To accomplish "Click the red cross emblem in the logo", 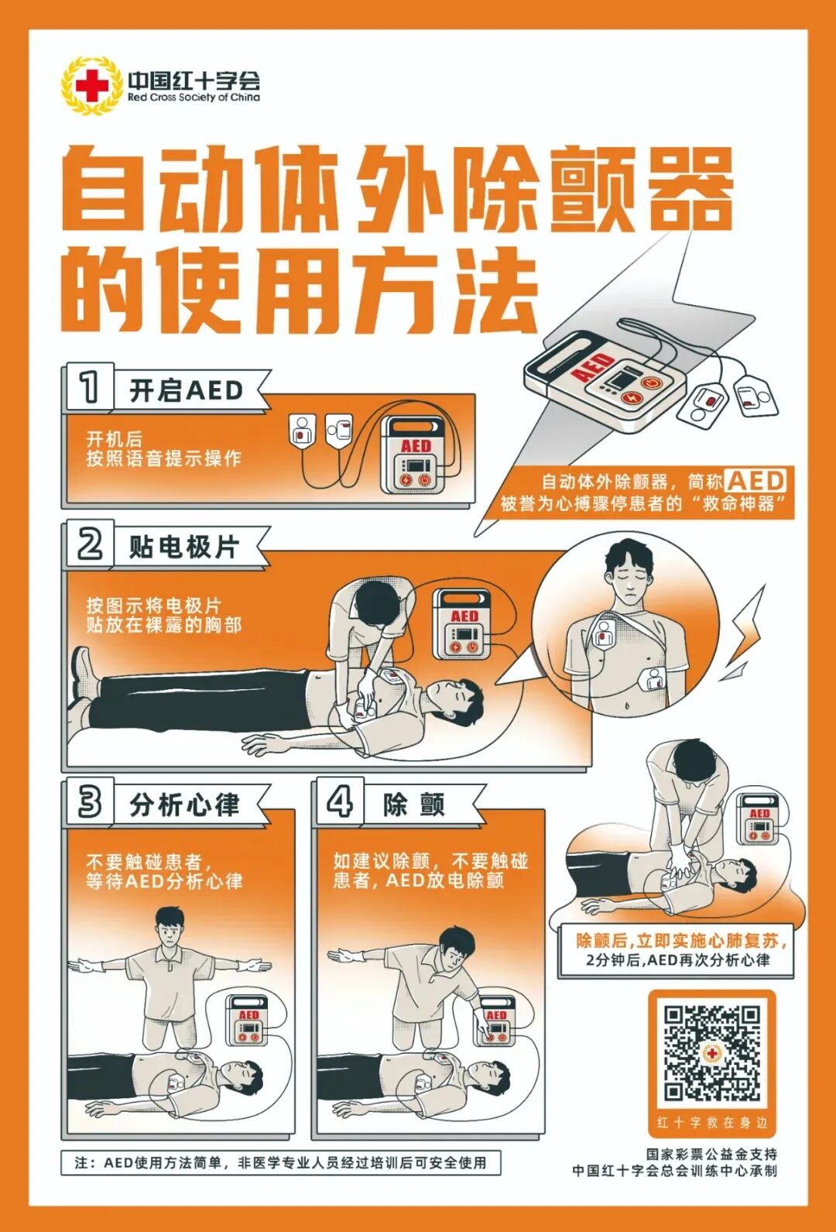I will (91, 86).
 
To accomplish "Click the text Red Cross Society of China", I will (194, 98).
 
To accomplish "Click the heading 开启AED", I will (186, 390).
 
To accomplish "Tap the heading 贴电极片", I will (184, 547).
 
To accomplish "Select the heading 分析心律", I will (184, 805).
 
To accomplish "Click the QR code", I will (711, 1052).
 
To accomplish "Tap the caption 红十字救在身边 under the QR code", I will (711, 1122).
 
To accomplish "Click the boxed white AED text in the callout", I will (755, 481).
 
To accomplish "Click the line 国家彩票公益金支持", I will (711, 1154).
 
